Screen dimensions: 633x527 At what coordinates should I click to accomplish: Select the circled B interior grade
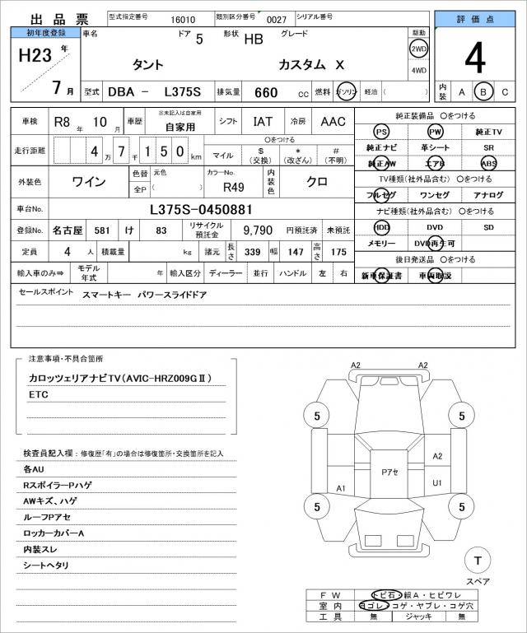click(x=485, y=91)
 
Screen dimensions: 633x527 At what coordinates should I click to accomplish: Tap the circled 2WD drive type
click(x=418, y=49)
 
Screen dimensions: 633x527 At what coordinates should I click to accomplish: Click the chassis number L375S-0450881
click(x=201, y=209)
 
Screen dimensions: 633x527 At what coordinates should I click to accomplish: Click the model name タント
click(x=148, y=65)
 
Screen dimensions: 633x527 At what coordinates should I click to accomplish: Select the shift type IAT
click(x=262, y=122)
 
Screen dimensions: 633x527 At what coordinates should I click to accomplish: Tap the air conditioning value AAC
click(x=333, y=122)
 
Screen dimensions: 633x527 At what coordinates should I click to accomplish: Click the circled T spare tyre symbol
click(x=475, y=561)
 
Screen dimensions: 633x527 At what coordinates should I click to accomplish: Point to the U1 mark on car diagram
click(x=437, y=482)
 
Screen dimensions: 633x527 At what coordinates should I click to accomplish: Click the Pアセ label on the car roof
click(x=389, y=472)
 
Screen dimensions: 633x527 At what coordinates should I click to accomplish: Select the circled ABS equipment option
click(x=488, y=163)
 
